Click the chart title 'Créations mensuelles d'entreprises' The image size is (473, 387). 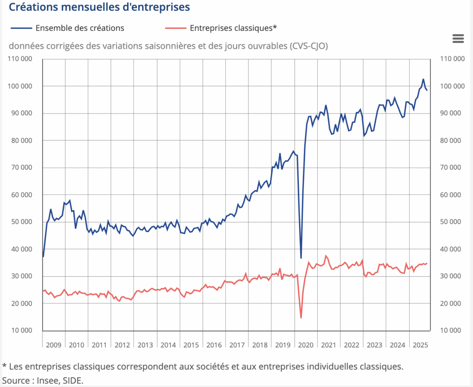point(99,7)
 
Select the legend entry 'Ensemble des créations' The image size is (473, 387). point(79,28)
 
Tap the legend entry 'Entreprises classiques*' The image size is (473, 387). point(233,28)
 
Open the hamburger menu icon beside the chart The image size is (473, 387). point(458,39)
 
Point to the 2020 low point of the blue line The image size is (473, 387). point(301,258)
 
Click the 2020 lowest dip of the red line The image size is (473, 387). point(301,318)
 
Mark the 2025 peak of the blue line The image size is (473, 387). point(423,79)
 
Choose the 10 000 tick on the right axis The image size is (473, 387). point(450,331)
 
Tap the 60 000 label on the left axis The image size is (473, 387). point(21,195)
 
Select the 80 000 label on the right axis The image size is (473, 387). point(450,140)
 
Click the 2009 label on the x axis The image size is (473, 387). point(54,345)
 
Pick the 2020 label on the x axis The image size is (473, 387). point(306,345)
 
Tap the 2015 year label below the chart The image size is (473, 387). point(191,345)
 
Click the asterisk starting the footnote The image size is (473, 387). point(5,366)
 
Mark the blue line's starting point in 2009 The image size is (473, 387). point(43,256)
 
